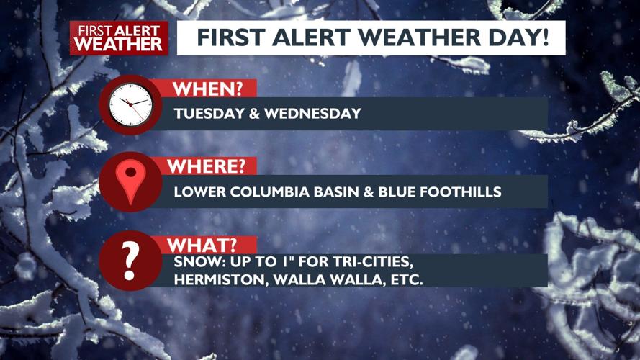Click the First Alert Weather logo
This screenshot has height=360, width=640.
[x=119, y=37]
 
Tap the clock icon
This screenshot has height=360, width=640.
[x=130, y=105]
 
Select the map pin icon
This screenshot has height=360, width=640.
[x=130, y=183]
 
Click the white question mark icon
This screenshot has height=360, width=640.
[x=130, y=261]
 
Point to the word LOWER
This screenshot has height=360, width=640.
[x=197, y=192]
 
